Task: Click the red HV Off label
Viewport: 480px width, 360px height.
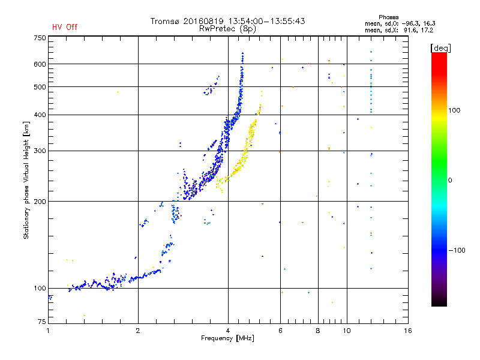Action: click(65, 27)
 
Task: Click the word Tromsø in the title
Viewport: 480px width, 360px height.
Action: click(163, 21)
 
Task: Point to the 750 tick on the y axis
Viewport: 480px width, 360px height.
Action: click(40, 38)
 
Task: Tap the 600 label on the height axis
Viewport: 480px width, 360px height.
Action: click(40, 64)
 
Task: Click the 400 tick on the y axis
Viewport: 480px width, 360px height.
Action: click(40, 115)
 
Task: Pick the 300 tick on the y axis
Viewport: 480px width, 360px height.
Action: click(40, 151)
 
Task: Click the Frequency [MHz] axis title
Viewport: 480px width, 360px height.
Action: click(227, 338)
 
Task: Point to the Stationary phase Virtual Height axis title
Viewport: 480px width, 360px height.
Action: click(26, 181)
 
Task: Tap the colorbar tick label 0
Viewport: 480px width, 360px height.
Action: click(451, 180)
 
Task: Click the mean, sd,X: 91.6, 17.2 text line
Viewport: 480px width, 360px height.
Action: click(400, 29)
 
